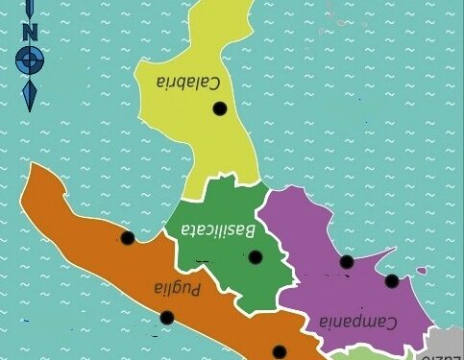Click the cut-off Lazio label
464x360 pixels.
pyautogui.click(x=443, y=354)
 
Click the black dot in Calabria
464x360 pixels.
pyautogui.click(x=220, y=109)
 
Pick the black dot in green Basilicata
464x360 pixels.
pyautogui.click(x=256, y=257)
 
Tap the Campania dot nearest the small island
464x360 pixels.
pyautogui.click(x=392, y=281)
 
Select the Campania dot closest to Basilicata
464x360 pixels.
pyautogui.click(x=347, y=261)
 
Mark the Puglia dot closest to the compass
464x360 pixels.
pyautogui.click(x=127, y=238)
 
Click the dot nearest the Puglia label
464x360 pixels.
pyautogui.click(x=166, y=318)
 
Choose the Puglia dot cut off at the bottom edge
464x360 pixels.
pyautogui.click(x=279, y=353)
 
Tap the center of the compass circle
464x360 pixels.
pyautogui.click(x=30, y=60)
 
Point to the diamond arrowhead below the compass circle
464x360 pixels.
pyautogui.click(x=30, y=94)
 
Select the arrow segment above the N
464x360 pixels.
pyautogui.click(x=30, y=10)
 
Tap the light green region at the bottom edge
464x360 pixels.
pyautogui.click(x=352, y=354)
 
